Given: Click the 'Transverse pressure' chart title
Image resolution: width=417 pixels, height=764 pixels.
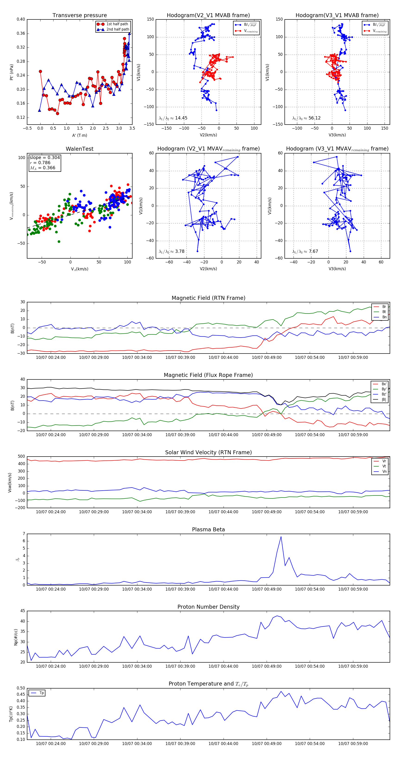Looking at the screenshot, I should (79, 16).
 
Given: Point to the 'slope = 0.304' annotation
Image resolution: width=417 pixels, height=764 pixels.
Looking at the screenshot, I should (44, 157).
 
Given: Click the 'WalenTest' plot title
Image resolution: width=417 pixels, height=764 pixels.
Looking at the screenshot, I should (79, 149).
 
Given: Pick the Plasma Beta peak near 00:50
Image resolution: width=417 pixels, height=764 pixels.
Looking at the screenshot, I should (281, 536).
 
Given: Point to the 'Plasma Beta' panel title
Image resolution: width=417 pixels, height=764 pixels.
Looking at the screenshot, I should (208, 530).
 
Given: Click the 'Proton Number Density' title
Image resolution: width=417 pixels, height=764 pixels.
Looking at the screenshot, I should (208, 607).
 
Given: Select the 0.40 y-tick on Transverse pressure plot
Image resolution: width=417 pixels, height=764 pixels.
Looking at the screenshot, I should (21, 19).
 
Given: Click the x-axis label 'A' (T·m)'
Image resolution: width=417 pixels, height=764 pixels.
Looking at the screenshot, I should (79, 135).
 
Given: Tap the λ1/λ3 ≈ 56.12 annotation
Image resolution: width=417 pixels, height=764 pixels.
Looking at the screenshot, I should (306, 118).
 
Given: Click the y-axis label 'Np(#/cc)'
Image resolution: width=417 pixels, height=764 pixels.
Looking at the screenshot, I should (16, 637).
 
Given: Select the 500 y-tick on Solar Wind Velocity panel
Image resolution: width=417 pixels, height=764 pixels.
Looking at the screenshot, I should (21, 457).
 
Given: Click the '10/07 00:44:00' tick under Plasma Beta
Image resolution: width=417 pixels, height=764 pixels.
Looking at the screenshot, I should (223, 589).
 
